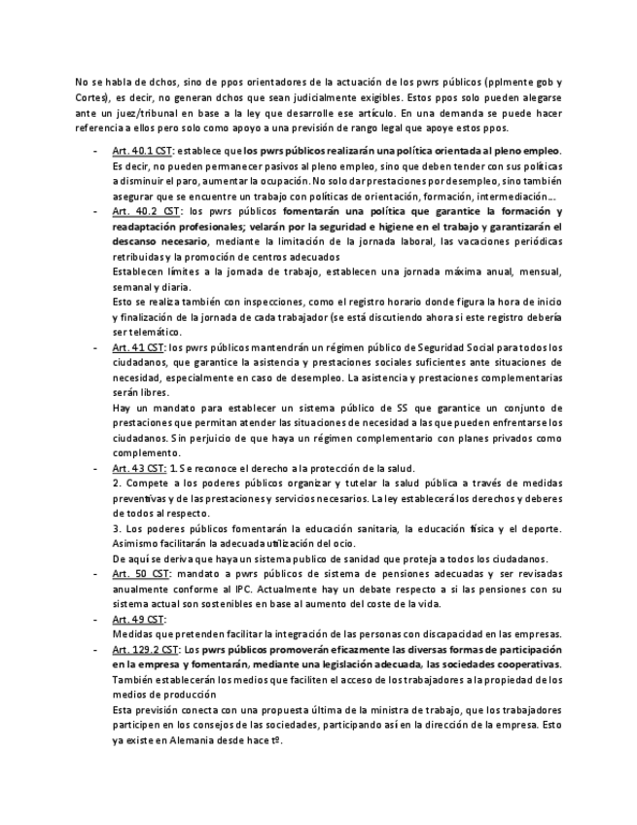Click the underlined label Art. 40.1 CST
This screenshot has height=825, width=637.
[142, 152]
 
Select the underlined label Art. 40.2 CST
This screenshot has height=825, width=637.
[145, 211]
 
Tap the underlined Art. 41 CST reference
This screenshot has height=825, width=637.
[138, 347]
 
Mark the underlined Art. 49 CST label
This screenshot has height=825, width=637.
[138, 619]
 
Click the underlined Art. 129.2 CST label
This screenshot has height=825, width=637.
[145, 649]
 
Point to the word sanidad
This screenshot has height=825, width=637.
[344, 558]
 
